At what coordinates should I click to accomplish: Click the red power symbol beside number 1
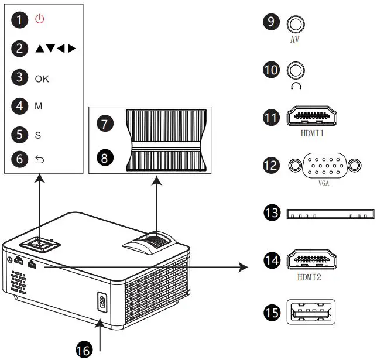(x=40, y=19)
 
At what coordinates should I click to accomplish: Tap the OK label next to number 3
(x=42, y=79)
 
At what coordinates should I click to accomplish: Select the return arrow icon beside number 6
(x=39, y=158)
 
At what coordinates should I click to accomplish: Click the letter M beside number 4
(x=38, y=107)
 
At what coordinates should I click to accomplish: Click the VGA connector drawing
(x=323, y=166)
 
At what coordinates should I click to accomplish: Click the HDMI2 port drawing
(x=311, y=262)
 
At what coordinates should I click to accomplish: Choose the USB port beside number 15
(x=311, y=313)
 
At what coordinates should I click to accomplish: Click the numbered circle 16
(x=84, y=349)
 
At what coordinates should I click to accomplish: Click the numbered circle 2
(x=21, y=49)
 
